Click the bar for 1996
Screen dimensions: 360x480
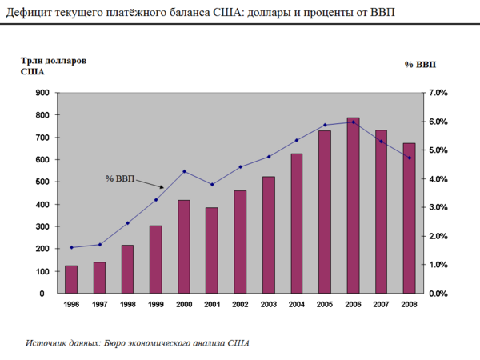click(x=71, y=279)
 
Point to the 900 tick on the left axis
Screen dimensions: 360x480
click(x=41, y=93)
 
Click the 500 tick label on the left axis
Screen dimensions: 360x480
click(x=41, y=182)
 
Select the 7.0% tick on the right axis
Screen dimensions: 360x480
click(x=438, y=93)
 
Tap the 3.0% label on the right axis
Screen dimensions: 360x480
click(x=438, y=208)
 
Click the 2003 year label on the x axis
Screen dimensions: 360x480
click(x=268, y=305)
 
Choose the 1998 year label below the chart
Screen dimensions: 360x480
click(x=127, y=305)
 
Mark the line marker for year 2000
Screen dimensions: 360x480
click(x=184, y=171)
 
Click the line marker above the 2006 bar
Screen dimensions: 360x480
click(x=353, y=122)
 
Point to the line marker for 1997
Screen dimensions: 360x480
click(x=99, y=245)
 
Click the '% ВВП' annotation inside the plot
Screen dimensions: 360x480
click(x=120, y=178)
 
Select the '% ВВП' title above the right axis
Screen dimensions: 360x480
click(x=421, y=63)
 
